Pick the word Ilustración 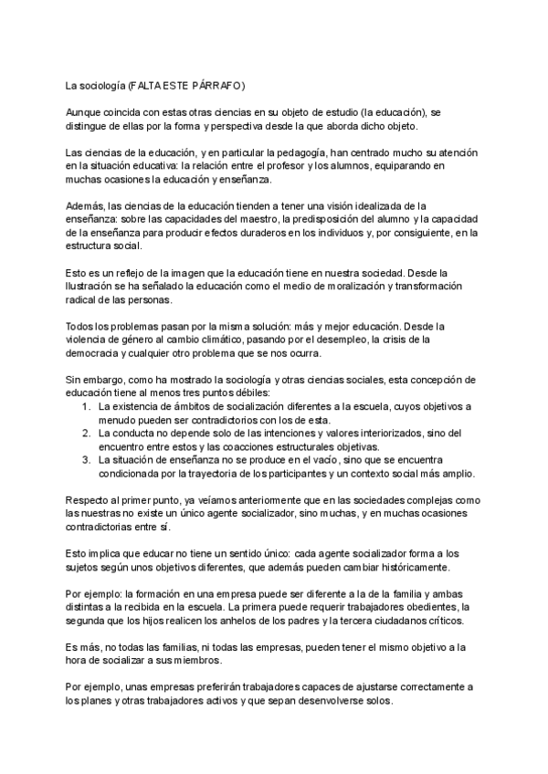click(95, 286)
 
